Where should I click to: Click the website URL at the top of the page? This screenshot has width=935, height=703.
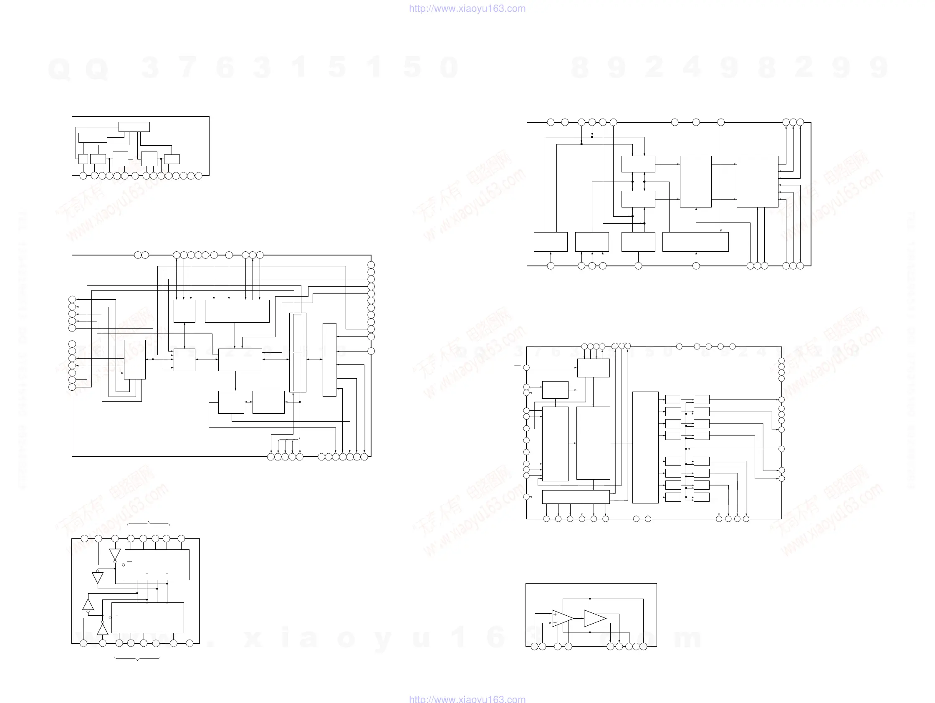(467, 8)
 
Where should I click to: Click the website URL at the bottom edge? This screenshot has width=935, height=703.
(467, 699)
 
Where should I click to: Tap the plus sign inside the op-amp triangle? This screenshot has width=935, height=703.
(555, 614)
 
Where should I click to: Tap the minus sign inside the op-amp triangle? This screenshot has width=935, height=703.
(555, 623)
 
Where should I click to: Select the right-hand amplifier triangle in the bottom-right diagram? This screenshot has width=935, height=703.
(594, 618)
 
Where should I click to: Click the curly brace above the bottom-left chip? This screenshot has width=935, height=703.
(148, 524)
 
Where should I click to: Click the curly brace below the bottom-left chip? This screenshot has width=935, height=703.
(138, 659)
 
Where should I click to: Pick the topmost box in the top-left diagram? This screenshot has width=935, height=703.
(134, 127)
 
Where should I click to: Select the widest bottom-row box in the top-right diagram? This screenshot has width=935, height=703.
(695, 242)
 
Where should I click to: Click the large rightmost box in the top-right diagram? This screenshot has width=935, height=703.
(757, 182)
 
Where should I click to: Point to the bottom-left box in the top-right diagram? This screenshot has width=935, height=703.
(550, 242)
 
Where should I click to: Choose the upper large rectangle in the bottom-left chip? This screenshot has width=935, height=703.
(157, 565)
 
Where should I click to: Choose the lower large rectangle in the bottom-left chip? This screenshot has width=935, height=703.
(147, 617)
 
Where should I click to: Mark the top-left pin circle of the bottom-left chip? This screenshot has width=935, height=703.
(85, 539)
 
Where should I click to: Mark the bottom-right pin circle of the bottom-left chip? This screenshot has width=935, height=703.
(190, 643)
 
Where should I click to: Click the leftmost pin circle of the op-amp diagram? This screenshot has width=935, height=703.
(534, 646)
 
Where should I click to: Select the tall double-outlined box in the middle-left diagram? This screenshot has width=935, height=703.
(298, 353)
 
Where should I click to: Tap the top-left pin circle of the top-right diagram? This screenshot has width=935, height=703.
(550, 122)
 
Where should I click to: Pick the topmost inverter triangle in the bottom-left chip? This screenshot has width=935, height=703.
(115, 554)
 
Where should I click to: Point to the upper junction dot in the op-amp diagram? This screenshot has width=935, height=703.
(590, 599)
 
